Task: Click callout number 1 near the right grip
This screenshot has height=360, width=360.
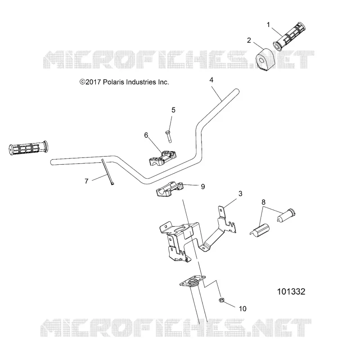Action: point(268,25)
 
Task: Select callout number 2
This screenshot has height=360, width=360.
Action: point(249,40)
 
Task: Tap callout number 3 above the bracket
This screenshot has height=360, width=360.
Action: point(240,193)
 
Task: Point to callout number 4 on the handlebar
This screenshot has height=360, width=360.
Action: point(211,80)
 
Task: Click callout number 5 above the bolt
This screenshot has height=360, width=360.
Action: point(173,110)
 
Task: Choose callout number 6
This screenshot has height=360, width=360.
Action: point(146,135)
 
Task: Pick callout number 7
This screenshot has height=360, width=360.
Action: point(86,181)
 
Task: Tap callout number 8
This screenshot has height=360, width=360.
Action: point(263,202)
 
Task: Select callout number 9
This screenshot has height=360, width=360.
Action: point(203,187)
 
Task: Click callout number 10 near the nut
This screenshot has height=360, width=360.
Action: point(243,309)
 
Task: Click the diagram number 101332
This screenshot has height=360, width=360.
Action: point(291,292)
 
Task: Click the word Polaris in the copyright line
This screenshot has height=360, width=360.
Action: point(114,82)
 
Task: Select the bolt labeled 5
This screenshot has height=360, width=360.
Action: point(168,137)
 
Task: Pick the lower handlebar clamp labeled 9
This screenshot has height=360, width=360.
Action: point(170,189)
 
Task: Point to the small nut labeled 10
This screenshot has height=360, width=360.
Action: point(221,300)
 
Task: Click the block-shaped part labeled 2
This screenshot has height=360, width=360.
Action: point(265,59)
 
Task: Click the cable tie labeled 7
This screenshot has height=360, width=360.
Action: point(107,172)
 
